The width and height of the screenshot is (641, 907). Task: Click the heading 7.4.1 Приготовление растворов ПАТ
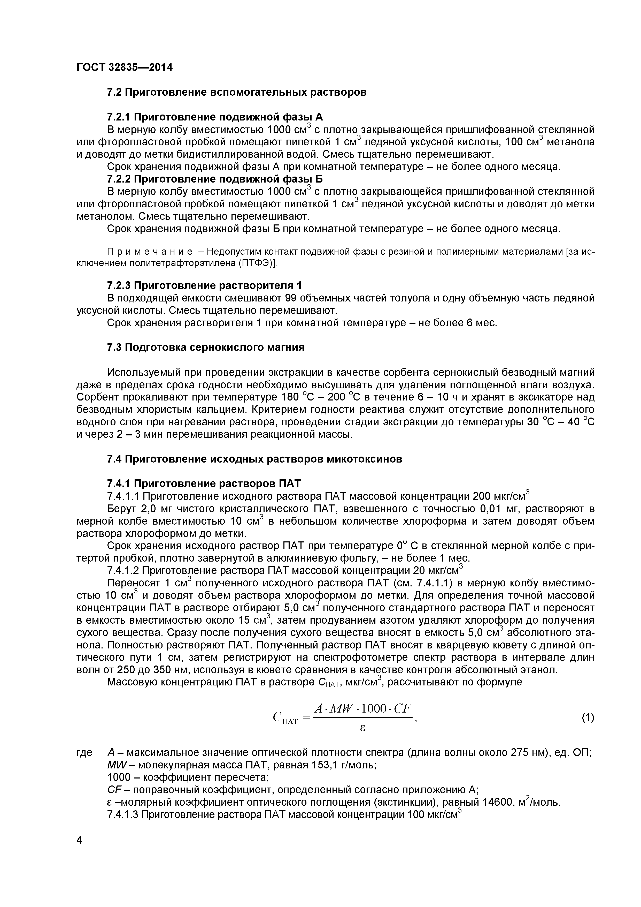pos(204,483)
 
